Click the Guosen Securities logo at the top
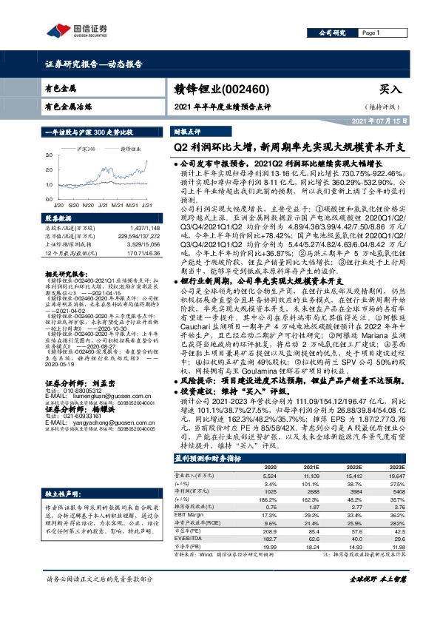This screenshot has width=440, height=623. tap(78, 30)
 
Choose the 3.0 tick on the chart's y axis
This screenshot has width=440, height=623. tap(50, 155)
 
